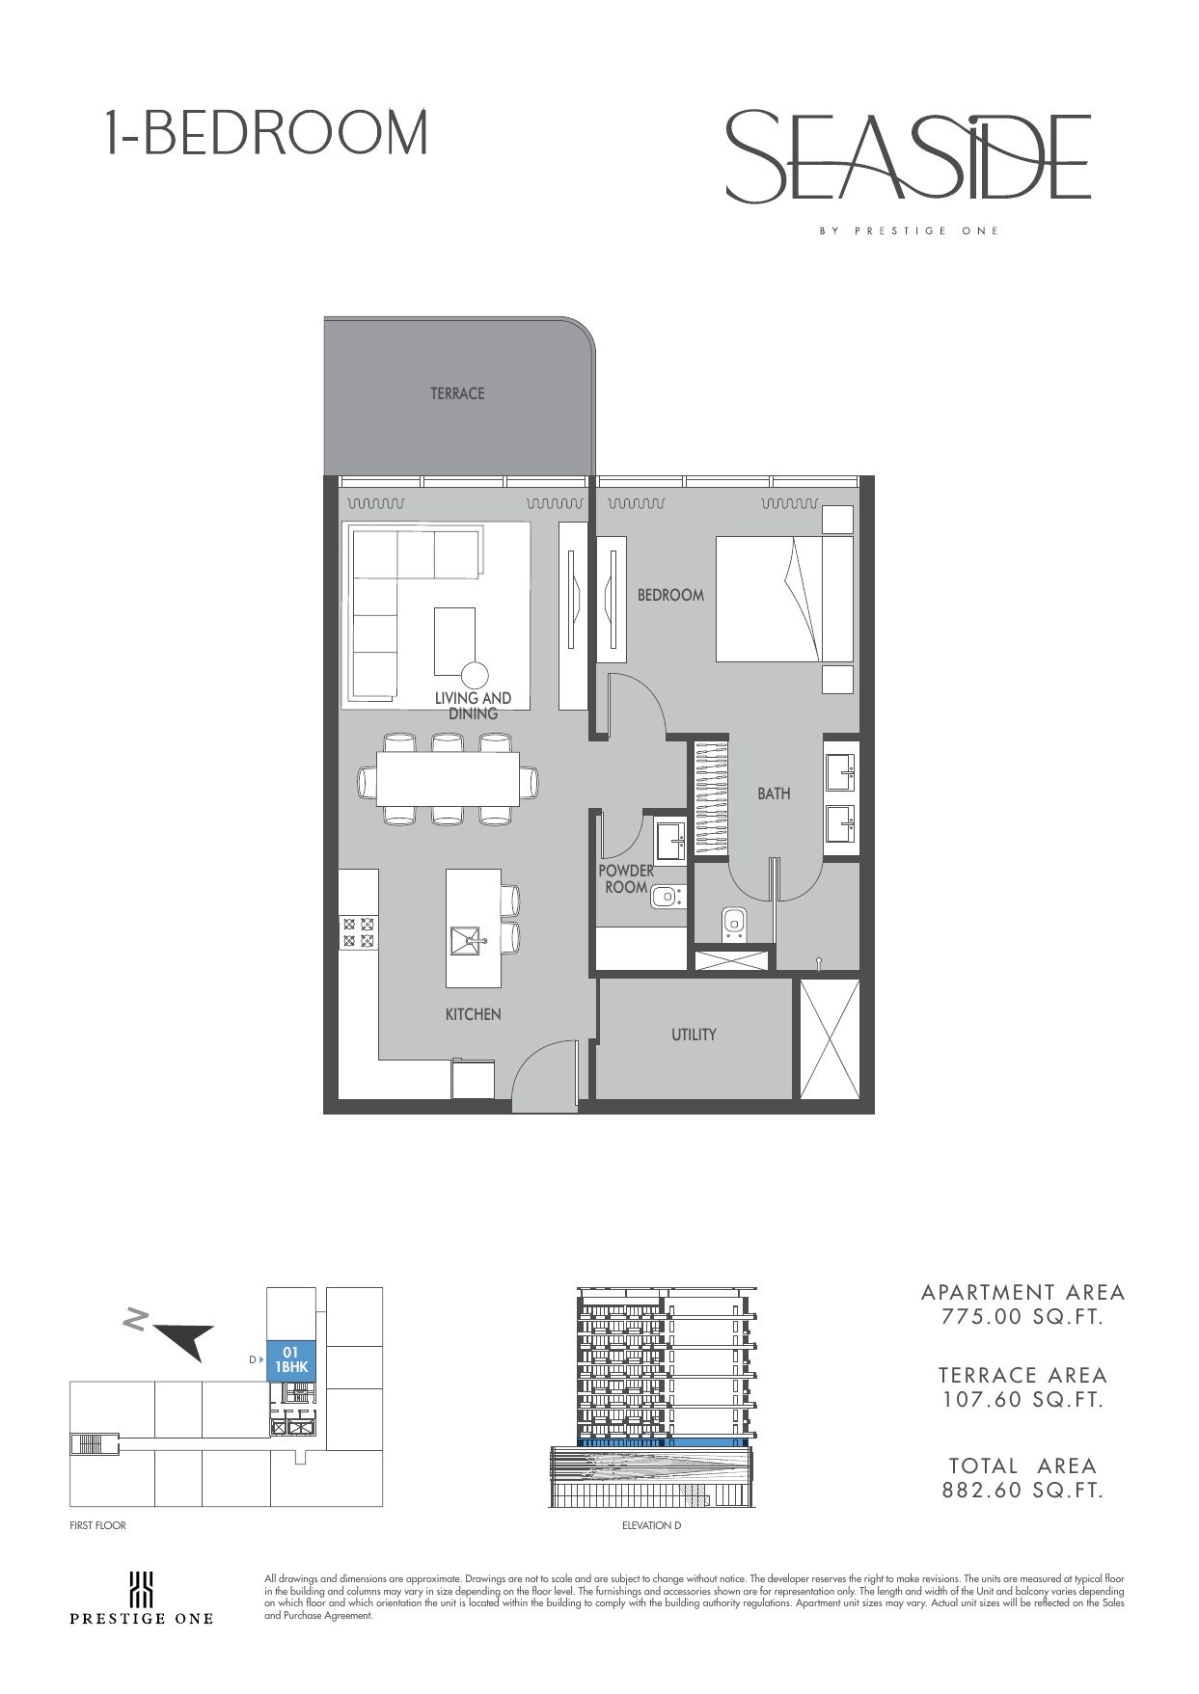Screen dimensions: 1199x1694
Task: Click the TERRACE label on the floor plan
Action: coord(457,393)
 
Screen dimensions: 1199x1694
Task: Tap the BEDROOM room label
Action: coord(670,595)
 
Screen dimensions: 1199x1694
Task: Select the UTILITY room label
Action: coord(694,1035)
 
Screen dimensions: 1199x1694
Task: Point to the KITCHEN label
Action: coord(473,1014)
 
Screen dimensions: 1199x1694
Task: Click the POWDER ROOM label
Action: coord(626,878)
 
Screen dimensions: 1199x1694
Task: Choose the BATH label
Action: coord(774,793)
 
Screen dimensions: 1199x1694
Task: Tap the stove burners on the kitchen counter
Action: coord(358,930)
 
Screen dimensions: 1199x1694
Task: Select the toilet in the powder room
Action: coord(666,898)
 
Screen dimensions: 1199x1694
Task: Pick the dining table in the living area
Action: coord(448,779)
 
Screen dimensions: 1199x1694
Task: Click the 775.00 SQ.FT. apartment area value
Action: coord(1022,1317)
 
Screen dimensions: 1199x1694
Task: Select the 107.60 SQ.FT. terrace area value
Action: coord(1022,1400)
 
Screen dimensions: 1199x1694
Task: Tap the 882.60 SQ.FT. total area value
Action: coord(1022,1491)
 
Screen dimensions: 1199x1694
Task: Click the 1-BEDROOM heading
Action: coord(266,133)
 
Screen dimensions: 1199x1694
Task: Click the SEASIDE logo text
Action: coord(908,156)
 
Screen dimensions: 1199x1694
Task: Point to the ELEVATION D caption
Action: coord(652,1525)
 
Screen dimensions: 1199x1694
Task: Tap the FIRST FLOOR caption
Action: coord(98,1525)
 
